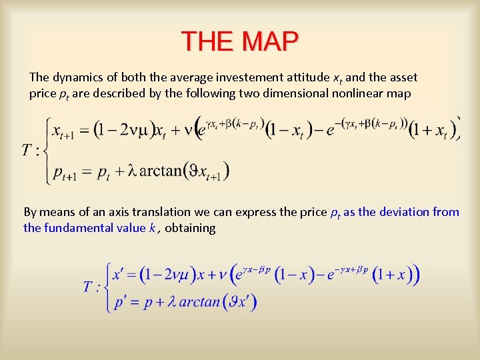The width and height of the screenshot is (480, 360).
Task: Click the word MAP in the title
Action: [x=271, y=42]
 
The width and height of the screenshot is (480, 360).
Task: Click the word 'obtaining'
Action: [x=190, y=228]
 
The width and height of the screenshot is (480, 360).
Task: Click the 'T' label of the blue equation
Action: [x=88, y=287]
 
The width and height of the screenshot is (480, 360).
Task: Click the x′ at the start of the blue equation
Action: [x=119, y=273]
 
